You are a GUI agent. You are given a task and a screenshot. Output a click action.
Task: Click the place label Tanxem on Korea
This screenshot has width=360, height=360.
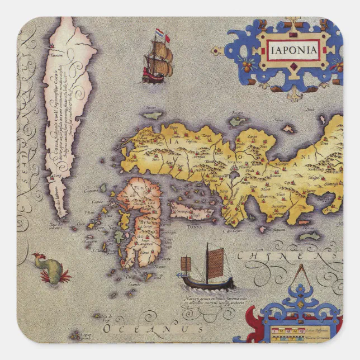[x=56, y=55]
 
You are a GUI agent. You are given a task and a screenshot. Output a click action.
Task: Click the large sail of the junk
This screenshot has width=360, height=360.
[x=215, y=263]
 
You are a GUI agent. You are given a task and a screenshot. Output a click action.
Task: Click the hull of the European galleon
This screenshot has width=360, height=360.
[x=153, y=76]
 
